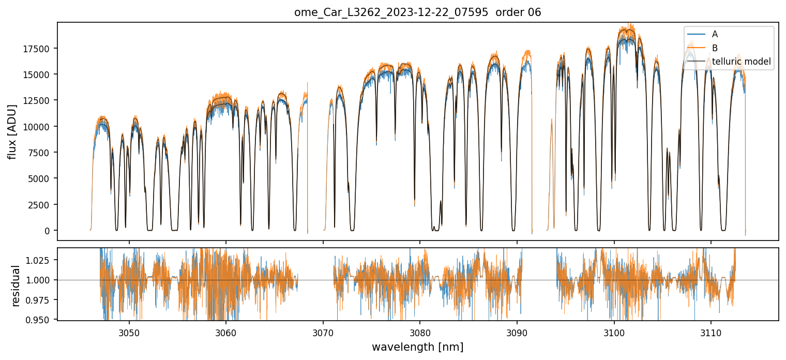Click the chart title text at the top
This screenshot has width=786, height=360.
pos(418,12)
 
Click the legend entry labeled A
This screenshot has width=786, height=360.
pos(715,34)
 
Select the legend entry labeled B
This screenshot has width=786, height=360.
pos(715,48)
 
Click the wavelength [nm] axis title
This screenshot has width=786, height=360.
pos(418,347)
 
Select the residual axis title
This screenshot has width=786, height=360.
pos(16,286)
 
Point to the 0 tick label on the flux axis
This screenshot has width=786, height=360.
pos(50,231)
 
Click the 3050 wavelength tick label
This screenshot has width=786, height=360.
pos(129,331)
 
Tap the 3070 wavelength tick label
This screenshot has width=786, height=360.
pos(323,331)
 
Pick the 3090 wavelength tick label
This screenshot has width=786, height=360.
pos(517,331)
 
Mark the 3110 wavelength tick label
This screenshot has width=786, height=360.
pos(711,331)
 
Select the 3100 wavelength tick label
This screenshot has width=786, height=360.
pos(614,331)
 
